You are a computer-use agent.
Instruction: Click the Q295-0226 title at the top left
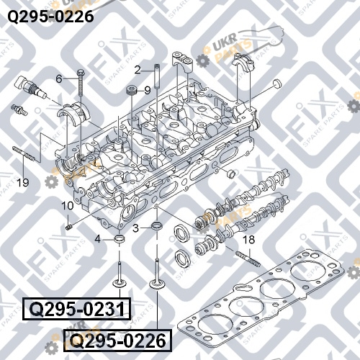coord(50,17)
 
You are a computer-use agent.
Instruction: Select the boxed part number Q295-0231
coord(77,309)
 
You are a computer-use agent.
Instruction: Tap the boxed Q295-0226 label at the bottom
coord(117,341)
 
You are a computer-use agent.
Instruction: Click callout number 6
coord(59,78)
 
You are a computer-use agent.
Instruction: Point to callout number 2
coord(138,70)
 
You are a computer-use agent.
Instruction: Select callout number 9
coord(148,90)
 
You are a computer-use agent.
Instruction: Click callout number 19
coord(23,183)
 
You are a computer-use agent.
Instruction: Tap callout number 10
coord(68,205)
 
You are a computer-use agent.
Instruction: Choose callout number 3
coord(136,228)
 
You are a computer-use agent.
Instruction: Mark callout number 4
coord(98,239)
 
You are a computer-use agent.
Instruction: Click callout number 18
coord(249,239)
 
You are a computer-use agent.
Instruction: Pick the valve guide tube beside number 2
coord(158,76)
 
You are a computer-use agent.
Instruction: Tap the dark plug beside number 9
coord(132,89)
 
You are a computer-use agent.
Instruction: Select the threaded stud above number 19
coord(24,153)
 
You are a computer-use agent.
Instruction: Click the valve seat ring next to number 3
coord(158,226)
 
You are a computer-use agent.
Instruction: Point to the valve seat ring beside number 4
coord(120,239)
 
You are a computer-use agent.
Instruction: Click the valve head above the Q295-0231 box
coord(120,282)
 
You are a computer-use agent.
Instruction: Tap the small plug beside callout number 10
coord(69,226)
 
